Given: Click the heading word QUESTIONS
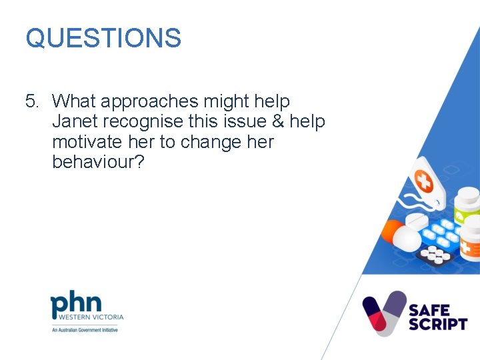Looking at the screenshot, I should click(103, 38).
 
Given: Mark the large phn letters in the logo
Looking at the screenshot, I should click(76, 305).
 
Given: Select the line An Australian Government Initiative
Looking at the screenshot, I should click(85, 330).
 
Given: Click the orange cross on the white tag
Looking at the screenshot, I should click(423, 180).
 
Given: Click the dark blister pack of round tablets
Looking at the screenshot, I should click(437, 254).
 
